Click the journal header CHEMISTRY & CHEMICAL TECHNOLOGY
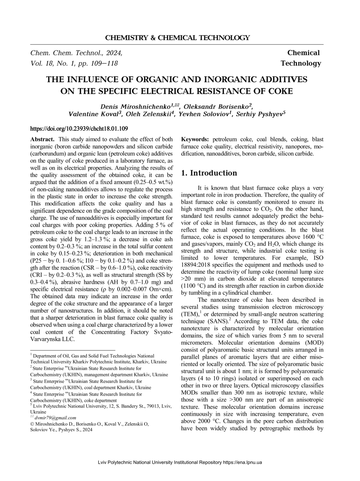point(177,38)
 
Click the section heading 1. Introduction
point(209,173)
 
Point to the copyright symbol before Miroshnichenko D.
point(32,424)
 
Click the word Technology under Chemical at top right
point(301,63)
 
